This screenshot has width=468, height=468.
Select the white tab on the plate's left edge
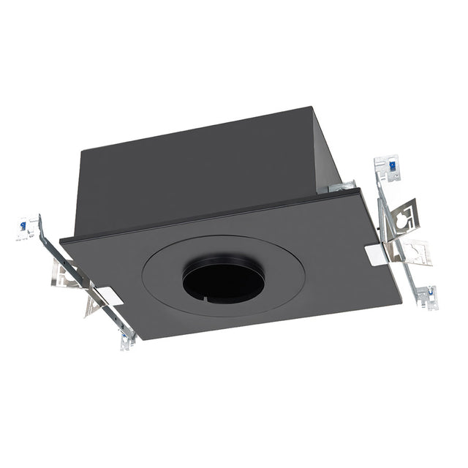click(x=108, y=295)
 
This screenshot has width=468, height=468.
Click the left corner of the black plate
click(x=61, y=240)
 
